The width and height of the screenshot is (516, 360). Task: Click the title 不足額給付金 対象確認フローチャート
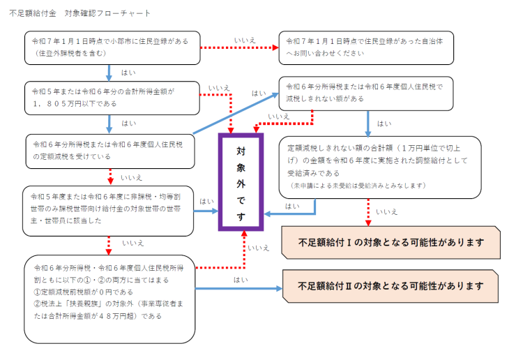point(79,13)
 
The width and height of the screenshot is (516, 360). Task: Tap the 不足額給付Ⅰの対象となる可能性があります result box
point(390,243)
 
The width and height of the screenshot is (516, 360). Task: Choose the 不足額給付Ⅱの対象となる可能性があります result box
point(390,286)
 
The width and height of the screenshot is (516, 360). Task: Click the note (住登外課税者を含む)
point(69,52)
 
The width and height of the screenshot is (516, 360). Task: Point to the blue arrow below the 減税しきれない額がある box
point(367,121)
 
